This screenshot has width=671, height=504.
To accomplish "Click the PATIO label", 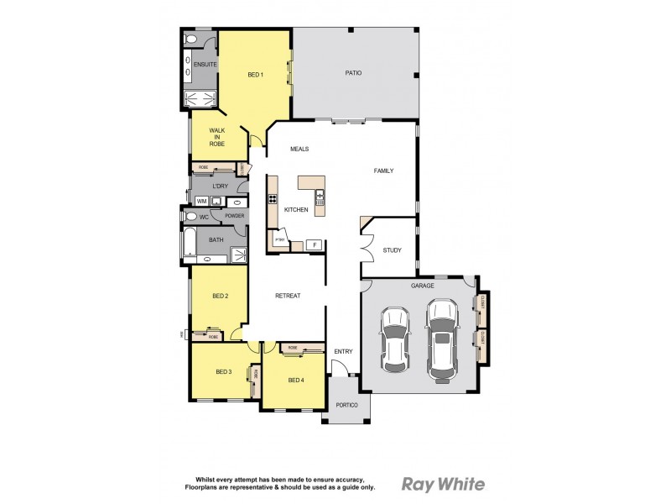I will (x=353, y=73).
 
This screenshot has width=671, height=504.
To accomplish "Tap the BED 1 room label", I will (x=256, y=75).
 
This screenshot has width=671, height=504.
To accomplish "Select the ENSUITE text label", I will (x=205, y=65).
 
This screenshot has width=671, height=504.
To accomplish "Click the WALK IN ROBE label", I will (x=217, y=137).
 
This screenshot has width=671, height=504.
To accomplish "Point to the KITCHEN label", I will (x=295, y=209).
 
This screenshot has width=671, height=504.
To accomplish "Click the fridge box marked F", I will (x=315, y=244).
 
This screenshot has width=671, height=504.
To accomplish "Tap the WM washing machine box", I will (x=201, y=202).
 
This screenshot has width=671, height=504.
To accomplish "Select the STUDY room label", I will (x=392, y=250).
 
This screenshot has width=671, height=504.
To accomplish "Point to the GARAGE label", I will (x=422, y=286).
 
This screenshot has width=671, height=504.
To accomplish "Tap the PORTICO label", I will (x=346, y=406).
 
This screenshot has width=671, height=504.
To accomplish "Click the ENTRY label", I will (x=343, y=351).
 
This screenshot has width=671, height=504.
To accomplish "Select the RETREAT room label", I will (x=288, y=296).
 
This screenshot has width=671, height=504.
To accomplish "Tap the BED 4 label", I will (x=296, y=380).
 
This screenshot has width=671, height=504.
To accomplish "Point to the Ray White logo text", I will (x=444, y=484).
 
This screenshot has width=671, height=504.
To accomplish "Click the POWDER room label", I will (x=234, y=216).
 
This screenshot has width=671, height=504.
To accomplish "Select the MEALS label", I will (x=299, y=149).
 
